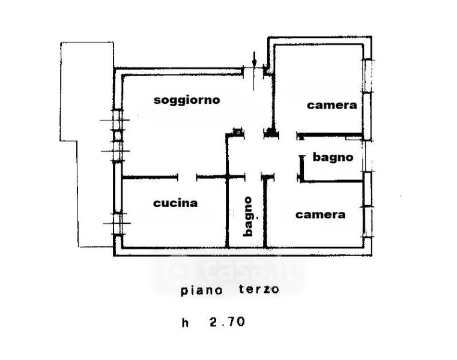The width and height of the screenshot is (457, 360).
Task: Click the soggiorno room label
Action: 187,100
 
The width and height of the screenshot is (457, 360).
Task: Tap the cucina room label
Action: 175,203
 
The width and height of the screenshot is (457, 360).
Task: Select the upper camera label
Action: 332,105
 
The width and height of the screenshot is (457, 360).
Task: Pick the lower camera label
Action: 321,214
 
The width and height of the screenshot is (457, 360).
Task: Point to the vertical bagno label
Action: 247,216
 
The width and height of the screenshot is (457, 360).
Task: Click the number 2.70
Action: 227,322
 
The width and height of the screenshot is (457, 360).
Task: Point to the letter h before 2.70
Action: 186,322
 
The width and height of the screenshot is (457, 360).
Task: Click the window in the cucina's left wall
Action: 118,223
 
